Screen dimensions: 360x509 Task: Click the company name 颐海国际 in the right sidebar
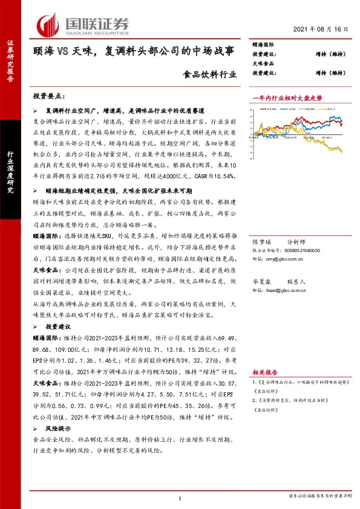(263, 45)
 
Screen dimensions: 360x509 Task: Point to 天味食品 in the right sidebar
(263, 63)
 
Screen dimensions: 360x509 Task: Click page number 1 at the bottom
(180, 498)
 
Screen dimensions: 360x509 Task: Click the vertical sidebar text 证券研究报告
(10, 60)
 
